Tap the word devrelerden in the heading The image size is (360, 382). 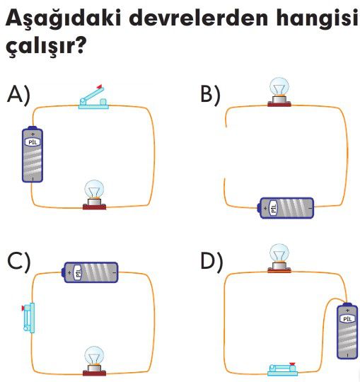pyautogui.click(x=199, y=18)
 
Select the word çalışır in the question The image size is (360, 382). pyautogui.click(x=43, y=47)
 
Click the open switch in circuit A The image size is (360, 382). pyautogui.click(x=93, y=98)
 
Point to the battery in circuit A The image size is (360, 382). pyautogui.click(x=33, y=154)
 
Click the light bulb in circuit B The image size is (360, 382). pyautogui.click(x=279, y=92)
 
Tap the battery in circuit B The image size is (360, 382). pyautogui.click(x=286, y=208)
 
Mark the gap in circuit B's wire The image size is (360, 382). pyautogui.click(x=226, y=153)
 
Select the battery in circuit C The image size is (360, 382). pyautogui.click(x=90, y=272)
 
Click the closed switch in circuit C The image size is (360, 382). pyautogui.click(x=28, y=318)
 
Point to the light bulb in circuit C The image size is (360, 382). pyautogui.click(x=94, y=361)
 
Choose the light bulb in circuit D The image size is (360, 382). pyautogui.click(x=279, y=258)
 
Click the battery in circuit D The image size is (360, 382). pyautogui.click(x=347, y=330)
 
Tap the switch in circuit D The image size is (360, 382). pyautogui.click(x=283, y=369)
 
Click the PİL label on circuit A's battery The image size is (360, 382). pyautogui.click(x=33, y=142)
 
